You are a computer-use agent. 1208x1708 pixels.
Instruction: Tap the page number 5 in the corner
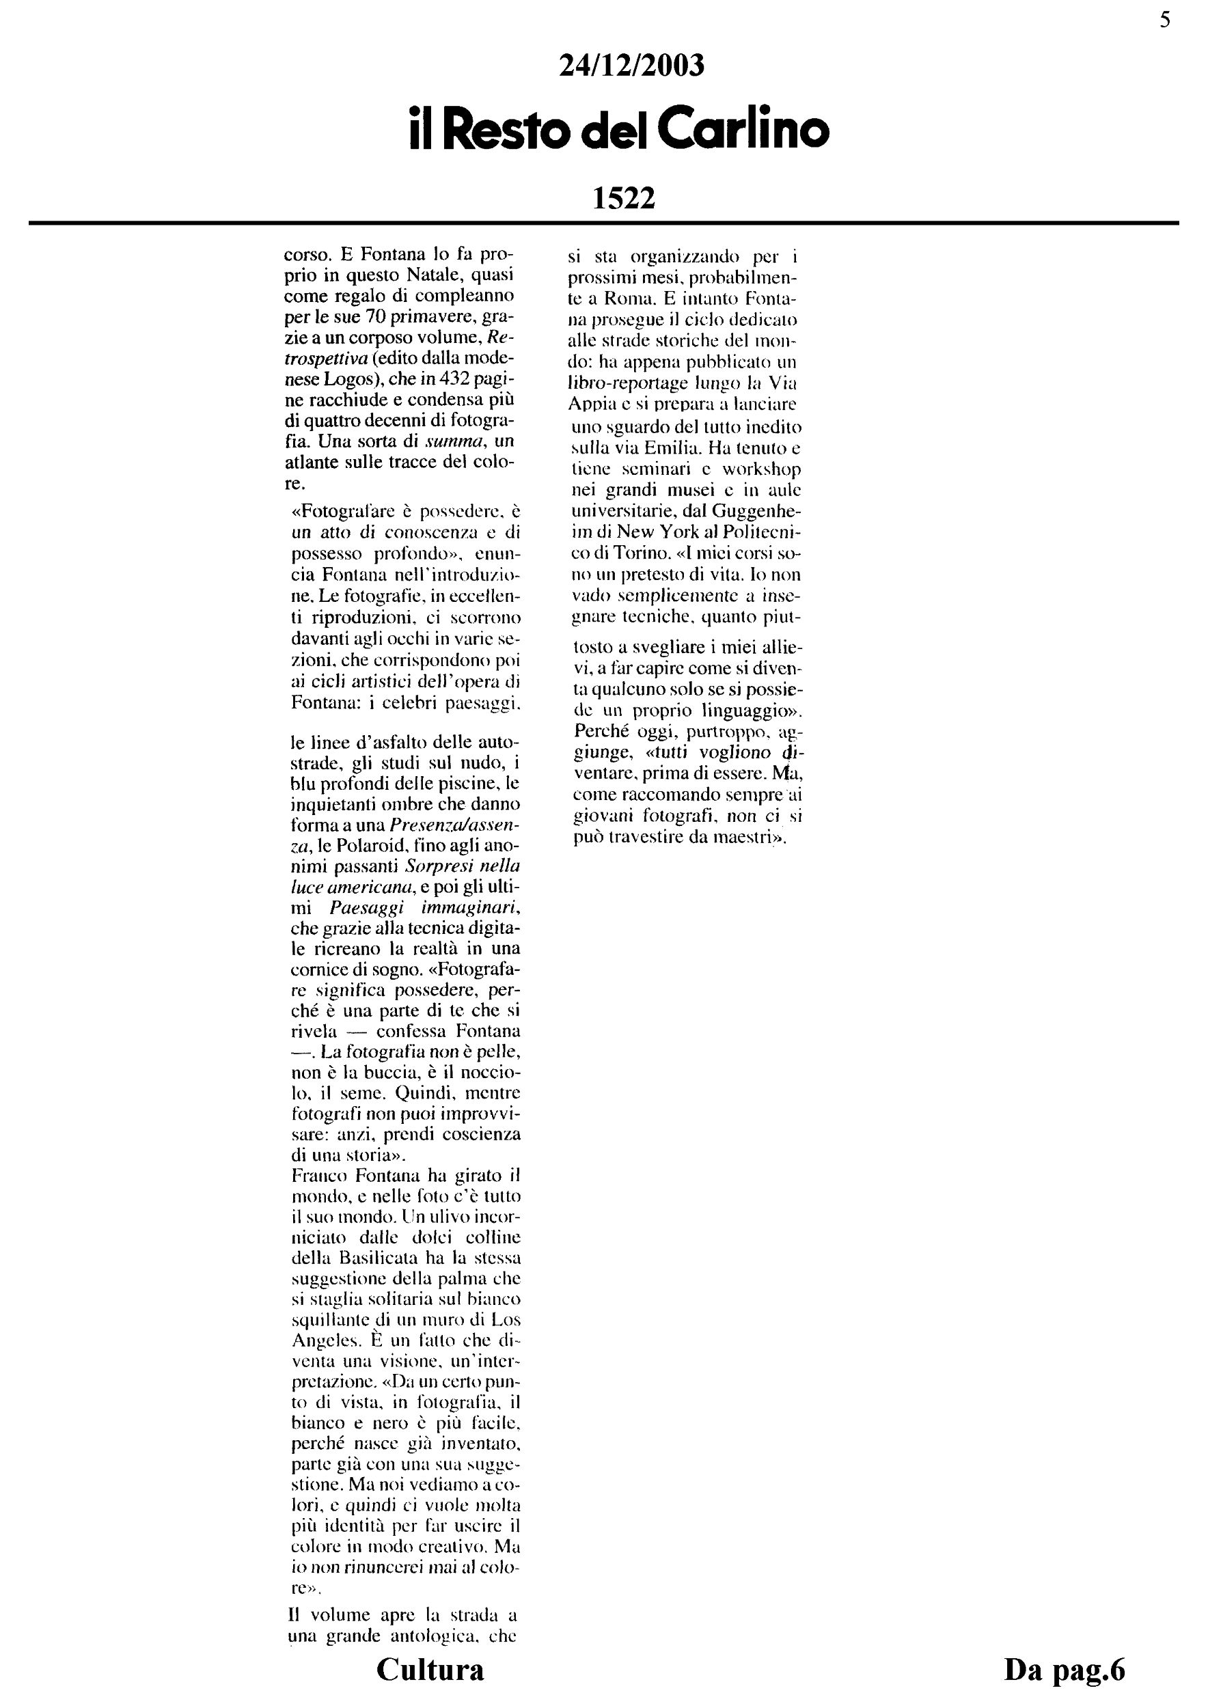[x=1165, y=20]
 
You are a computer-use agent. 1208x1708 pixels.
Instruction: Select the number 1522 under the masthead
[x=623, y=199]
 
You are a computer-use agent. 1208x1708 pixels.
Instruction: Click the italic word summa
[x=461, y=442]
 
